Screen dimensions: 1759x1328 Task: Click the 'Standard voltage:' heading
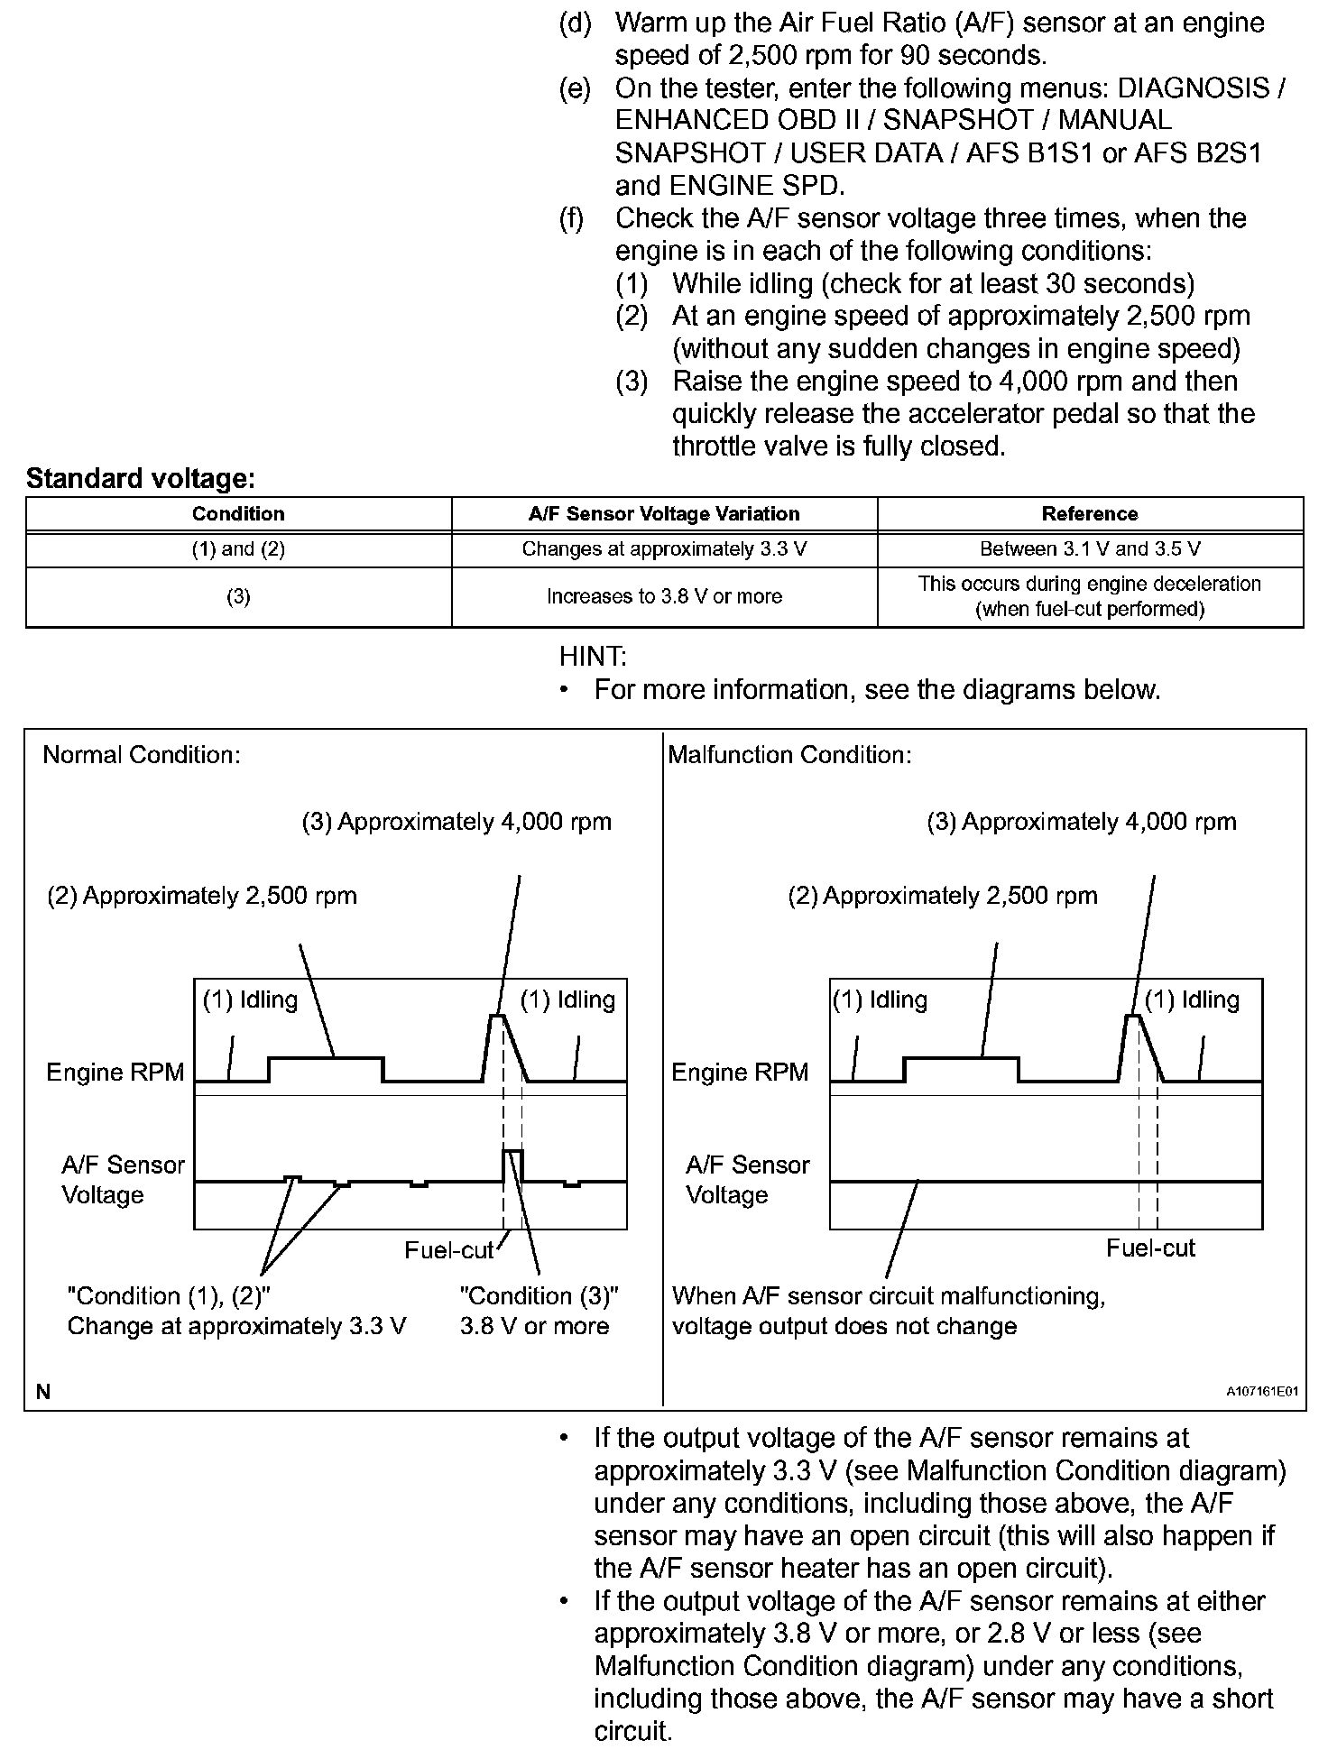(141, 479)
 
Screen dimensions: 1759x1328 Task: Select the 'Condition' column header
(238, 514)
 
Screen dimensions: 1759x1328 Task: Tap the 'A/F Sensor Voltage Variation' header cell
(664, 514)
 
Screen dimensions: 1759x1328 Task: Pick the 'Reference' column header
(1090, 514)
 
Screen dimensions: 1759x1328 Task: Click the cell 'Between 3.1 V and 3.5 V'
(1090, 548)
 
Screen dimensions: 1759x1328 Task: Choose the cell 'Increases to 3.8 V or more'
(664, 596)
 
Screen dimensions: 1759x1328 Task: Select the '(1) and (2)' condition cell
(238, 548)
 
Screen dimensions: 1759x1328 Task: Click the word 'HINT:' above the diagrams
(593, 656)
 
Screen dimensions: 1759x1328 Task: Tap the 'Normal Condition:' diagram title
(142, 755)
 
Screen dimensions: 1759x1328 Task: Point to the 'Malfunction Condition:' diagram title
(789, 755)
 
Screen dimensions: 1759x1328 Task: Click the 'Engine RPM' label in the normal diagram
(115, 1072)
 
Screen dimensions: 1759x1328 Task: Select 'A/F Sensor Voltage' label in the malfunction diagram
(748, 1180)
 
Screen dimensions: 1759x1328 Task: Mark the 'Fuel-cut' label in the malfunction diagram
(1150, 1248)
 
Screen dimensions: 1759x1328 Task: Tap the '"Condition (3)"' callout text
(539, 1296)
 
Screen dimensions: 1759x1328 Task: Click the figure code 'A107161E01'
(1261, 1392)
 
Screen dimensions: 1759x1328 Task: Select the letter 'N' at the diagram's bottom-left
(43, 1392)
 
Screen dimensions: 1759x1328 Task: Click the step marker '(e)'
(575, 88)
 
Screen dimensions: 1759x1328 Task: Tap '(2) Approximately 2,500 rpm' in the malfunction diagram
(943, 896)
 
